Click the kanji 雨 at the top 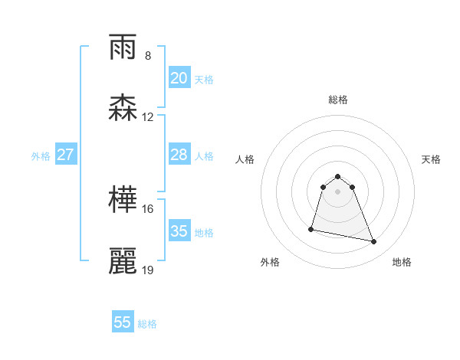pos(123,47)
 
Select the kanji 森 pos(123,108)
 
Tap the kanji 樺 pos(123,200)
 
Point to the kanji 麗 pos(123,261)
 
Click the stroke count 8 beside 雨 pos(148,56)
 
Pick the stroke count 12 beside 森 pos(148,117)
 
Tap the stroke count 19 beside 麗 pos(148,270)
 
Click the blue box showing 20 pos(179,78)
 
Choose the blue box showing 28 pos(179,155)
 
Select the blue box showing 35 pos(179,231)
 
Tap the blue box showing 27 pos(66,155)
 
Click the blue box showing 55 pos(123,322)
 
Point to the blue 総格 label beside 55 pos(148,324)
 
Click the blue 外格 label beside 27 pos(41,156)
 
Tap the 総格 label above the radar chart pos(338,100)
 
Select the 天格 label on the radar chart pos(432,159)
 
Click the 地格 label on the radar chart pos(402,262)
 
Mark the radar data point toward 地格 pos(374,242)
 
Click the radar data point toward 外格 pos(311,229)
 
